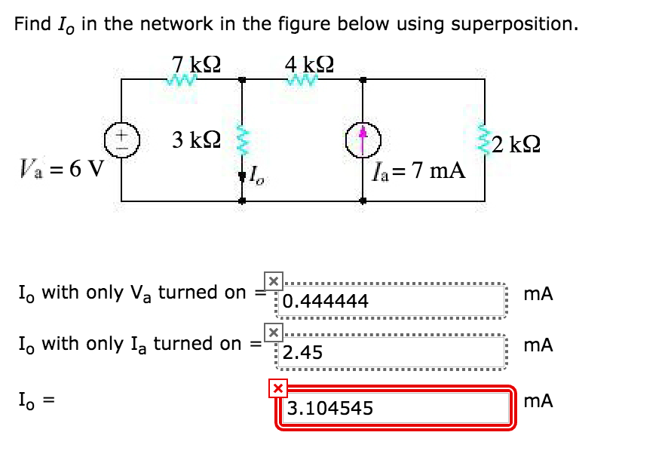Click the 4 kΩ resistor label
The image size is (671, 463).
309,63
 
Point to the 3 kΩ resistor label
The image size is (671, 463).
195,140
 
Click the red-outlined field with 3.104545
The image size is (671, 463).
396,408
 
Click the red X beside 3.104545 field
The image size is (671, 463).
278,388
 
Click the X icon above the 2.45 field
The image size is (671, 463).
273,333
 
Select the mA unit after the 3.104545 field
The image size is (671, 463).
541,401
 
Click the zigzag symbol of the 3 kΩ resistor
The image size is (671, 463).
242,140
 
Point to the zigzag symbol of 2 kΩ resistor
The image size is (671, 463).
484,139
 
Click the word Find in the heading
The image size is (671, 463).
32,24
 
